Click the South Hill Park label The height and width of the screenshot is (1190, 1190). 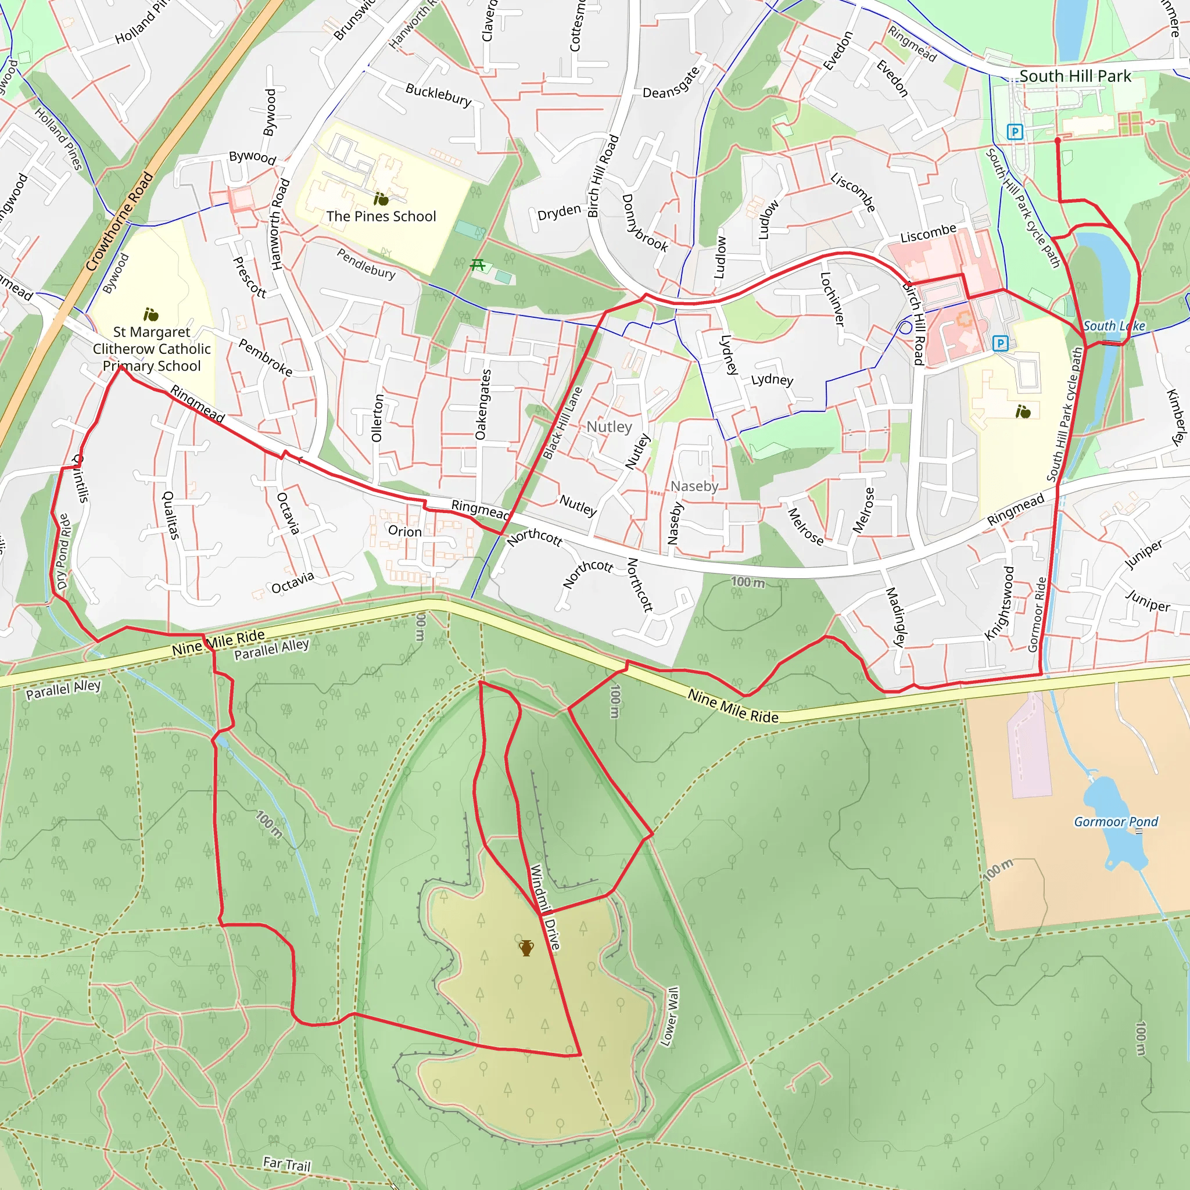[1075, 76]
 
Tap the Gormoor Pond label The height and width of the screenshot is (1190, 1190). [1116, 822]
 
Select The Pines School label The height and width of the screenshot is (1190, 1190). [381, 216]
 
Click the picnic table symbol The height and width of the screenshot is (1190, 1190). [478, 265]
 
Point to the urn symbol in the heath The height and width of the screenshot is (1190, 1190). [526, 948]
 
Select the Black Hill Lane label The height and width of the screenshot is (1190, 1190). [562, 423]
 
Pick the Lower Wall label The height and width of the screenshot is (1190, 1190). [669, 1016]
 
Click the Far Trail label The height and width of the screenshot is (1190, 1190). [286, 1164]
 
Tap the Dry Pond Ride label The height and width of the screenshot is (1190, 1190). [63, 552]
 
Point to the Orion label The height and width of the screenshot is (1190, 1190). [404, 532]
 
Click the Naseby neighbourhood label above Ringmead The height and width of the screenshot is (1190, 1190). [694, 486]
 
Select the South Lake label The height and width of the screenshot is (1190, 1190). [1114, 326]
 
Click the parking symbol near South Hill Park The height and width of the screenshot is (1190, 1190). [1015, 132]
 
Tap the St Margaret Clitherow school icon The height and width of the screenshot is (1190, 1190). [151, 316]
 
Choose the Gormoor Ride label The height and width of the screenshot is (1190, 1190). [1037, 614]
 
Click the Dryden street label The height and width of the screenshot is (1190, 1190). [558, 213]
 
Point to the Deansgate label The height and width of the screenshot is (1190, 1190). [671, 83]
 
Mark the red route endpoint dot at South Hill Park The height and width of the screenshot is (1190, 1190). [1058, 141]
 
